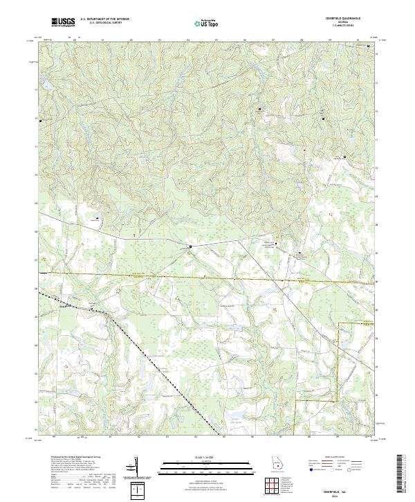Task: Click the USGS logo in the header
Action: (64, 22)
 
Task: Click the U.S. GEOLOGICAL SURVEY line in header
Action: (104, 24)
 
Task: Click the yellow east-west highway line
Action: (207, 277)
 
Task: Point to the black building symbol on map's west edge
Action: (41, 121)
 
